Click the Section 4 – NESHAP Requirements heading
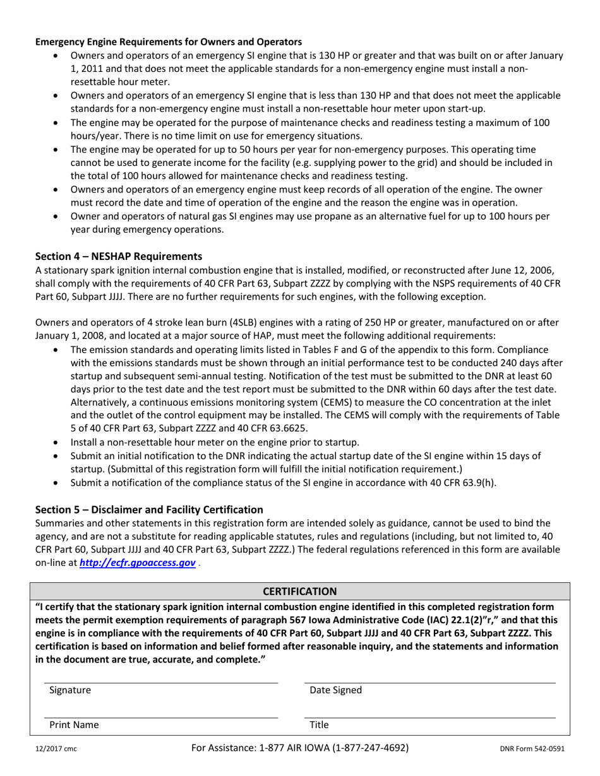[118, 256]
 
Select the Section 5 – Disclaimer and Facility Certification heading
[149, 509]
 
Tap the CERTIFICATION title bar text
[300, 591]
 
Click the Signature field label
[70, 690]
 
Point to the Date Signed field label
[335, 690]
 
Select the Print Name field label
[74, 725]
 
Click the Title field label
[319, 725]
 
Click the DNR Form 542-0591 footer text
[532, 750]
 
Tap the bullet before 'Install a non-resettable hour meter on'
[58, 442]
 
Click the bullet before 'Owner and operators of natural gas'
[58, 216]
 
